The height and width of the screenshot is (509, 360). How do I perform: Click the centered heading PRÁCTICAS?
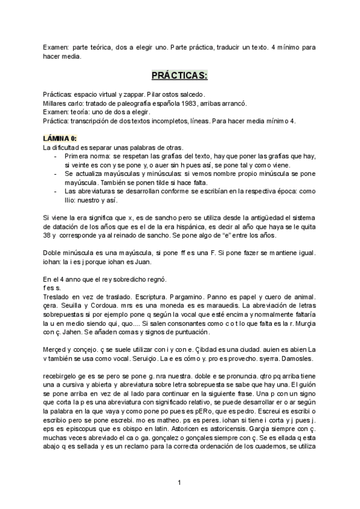pyautogui.click(x=179, y=76)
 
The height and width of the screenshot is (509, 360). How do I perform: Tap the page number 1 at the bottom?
pyautogui.click(x=179, y=482)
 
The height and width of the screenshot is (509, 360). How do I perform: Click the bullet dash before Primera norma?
pyautogui.click(x=56, y=155)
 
